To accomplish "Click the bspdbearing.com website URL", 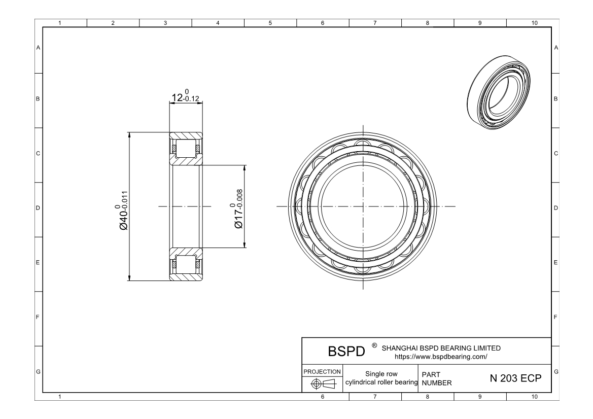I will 441,357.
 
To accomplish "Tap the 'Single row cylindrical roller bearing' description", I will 380,378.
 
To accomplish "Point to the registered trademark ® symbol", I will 374,345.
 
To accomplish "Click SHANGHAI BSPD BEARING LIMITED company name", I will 441,348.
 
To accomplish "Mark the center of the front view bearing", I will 364,206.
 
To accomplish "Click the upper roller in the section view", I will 186,149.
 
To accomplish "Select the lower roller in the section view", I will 186,264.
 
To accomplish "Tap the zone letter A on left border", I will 38,48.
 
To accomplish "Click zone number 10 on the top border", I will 534,23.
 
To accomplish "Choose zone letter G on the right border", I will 557,372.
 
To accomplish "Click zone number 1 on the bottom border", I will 60,397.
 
